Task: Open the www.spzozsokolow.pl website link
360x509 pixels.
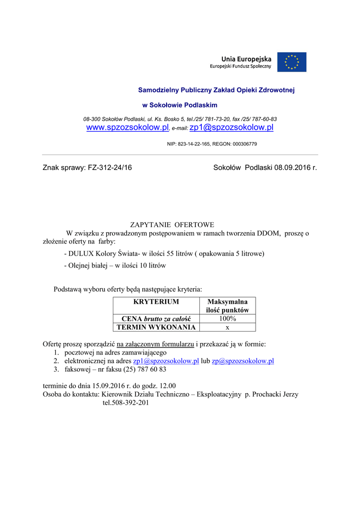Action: [128, 128]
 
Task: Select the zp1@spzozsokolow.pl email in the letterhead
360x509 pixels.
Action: [232, 128]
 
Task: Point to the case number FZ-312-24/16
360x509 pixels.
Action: [110, 168]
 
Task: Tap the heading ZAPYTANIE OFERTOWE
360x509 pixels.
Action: [172, 225]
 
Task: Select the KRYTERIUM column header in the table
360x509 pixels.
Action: [156, 302]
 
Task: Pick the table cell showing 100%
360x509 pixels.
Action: [227, 319]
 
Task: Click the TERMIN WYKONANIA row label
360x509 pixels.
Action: [156, 327]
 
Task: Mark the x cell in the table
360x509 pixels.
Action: [227, 327]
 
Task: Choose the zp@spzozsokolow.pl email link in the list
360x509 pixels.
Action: [243, 361]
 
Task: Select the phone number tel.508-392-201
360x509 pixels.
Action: [126, 403]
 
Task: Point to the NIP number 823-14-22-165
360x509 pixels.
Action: [194, 144]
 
